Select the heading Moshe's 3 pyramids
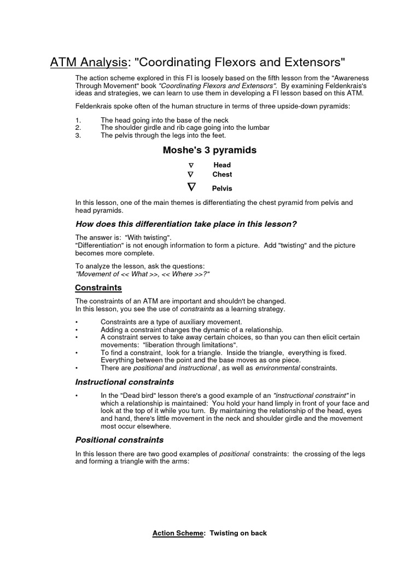pyautogui.click(x=209, y=150)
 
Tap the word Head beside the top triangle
pyautogui.click(x=221, y=165)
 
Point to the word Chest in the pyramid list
pyautogui.click(x=222, y=175)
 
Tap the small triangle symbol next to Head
pyautogui.click(x=191, y=165)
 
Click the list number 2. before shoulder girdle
pyautogui.click(x=78, y=128)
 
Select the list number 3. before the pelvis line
pyautogui.click(x=78, y=135)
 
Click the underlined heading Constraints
pyautogui.click(x=98, y=288)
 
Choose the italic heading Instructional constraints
pyautogui.click(x=124, y=382)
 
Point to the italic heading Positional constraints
pyautogui.click(x=119, y=440)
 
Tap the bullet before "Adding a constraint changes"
pyautogui.click(x=77, y=330)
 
